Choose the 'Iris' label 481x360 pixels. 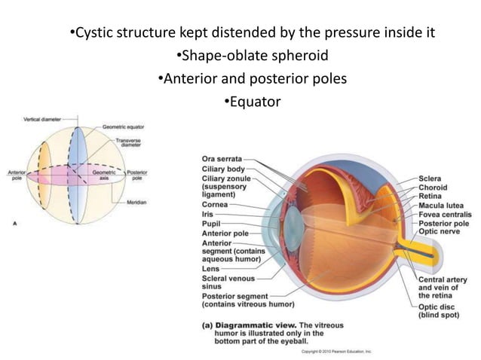coord(209,214)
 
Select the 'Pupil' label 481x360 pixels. coord(213,224)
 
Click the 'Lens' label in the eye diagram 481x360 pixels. coord(211,268)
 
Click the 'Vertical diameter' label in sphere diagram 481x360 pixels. coord(42,119)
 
